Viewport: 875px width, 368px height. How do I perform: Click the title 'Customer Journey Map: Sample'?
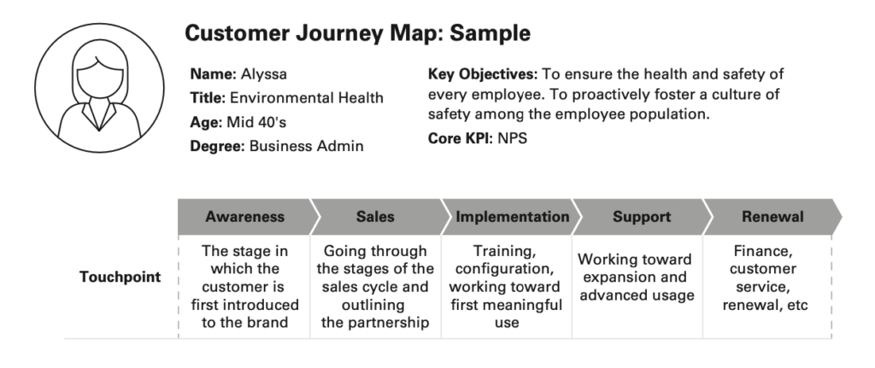tap(357, 34)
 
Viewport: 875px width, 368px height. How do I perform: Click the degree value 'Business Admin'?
tap(306, 146)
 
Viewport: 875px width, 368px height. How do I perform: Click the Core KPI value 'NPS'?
tap(513, 137)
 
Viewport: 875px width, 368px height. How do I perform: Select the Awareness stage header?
tap(244, 217)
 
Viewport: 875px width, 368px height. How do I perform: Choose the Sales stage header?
tap(375, 217)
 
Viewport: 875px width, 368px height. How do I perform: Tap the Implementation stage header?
tap(512, 217)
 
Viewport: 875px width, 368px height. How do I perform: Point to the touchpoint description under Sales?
tap(375, 287)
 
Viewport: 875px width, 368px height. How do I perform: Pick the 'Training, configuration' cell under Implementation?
tap(508, 287)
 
